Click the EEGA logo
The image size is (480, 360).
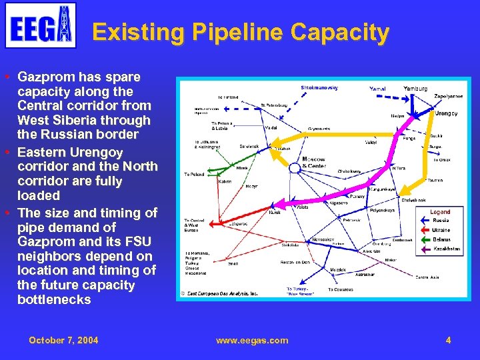point(41,25)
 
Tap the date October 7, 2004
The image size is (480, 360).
point(63,340)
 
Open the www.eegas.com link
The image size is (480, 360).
point(252,340)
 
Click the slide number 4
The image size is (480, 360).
point(448,340)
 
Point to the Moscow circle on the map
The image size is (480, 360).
point(294,167)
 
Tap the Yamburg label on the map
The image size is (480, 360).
point(416,89)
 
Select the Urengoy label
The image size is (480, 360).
point(446,113)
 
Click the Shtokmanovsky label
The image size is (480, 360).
point(319,88)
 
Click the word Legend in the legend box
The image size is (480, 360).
point(439,212)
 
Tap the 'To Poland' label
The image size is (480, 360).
point(195,175)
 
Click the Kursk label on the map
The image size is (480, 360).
point(274,212)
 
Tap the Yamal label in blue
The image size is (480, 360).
point(377,89)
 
